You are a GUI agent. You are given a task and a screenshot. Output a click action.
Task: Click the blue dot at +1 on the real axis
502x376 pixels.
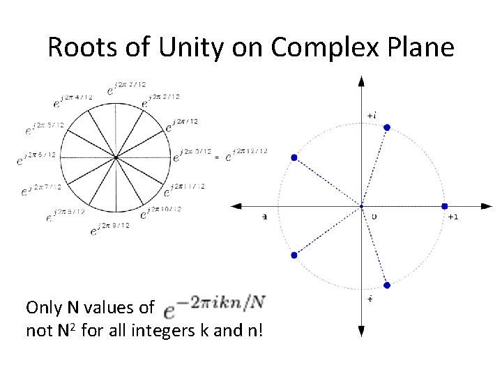pyautogui.click(x=444, y=206)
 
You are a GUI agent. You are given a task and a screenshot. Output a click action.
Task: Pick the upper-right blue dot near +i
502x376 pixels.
pyautogui.click(x=387, y=127)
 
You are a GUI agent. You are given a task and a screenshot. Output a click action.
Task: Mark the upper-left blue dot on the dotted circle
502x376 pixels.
pyautogui.click(x=294, y=158)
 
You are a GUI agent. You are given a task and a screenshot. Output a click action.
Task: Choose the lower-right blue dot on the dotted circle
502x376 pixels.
pyautogui.click(x=387, y=285)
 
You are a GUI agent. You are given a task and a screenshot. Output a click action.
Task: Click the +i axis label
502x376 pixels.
pyautogui.click(x=372, y=115)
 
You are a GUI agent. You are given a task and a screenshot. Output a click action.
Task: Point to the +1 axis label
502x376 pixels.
pyautogui.click(x=452, y=217)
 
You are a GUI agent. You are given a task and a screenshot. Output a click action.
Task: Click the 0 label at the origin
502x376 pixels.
pyautogui.click(x=374, y=217)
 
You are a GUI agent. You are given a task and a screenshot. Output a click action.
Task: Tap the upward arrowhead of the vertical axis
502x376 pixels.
pyautogui.click(x=360, y=81)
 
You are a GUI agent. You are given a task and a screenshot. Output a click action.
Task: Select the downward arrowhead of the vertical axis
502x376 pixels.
pyautogui.click(x=360, y=332)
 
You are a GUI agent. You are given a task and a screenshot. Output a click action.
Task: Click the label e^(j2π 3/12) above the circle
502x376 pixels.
pyautogui.click(x=127, y=87)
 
